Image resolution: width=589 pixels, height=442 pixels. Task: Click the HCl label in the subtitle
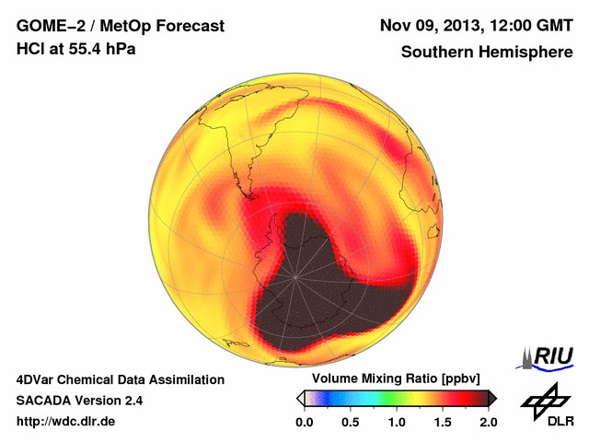pos(29,48)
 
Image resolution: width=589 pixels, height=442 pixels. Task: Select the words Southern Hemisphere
pos(487,52)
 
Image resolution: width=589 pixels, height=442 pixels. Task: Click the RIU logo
pos(548,356)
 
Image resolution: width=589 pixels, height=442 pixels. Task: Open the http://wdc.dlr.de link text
pos(67,422)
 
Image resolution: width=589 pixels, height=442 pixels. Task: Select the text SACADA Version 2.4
pos(79,401)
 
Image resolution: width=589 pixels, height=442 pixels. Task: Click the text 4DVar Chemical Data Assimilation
pos(120,379)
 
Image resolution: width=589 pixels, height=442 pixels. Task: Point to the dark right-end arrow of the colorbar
pos(492,398)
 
